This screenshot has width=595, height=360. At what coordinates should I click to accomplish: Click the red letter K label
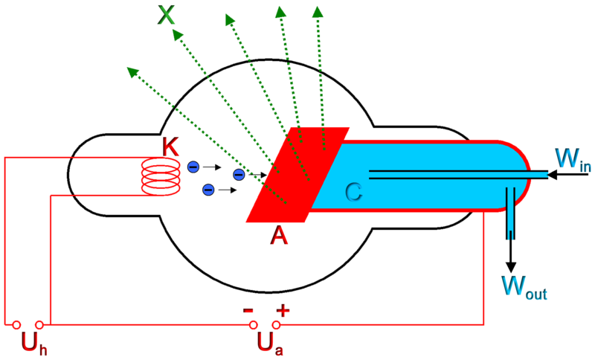(x=171, y=147)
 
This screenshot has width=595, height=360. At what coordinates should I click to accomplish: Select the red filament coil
(x=161, y=176)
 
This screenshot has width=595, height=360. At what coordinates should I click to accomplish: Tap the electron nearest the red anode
(x=239, y=175)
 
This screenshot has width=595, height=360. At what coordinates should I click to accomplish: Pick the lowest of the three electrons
(x=208, y=190)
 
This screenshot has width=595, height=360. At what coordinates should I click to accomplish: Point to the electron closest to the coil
(x=193, y=167)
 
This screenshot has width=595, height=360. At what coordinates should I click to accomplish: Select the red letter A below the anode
(x=279, y=236)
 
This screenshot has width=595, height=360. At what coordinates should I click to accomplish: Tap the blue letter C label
(x=353, y=193)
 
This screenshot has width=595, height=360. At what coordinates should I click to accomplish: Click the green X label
(x=167, y=15)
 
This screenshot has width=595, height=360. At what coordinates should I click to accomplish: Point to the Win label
(x=573, y=159)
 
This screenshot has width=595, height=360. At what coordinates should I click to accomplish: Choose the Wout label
(x=524, y=287)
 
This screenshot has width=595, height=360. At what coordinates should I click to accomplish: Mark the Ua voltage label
(x=270, y=343)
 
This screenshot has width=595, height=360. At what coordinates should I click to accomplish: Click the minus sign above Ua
(x=249, y=310)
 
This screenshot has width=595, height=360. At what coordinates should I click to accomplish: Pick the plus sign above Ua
(x=283, y=310)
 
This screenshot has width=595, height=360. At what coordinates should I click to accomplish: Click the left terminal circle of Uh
(x=16, y=324)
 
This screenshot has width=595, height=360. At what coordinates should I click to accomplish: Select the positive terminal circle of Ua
(x=277, y=324)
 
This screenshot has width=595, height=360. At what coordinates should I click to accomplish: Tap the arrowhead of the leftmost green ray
(x=131, y=71)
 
